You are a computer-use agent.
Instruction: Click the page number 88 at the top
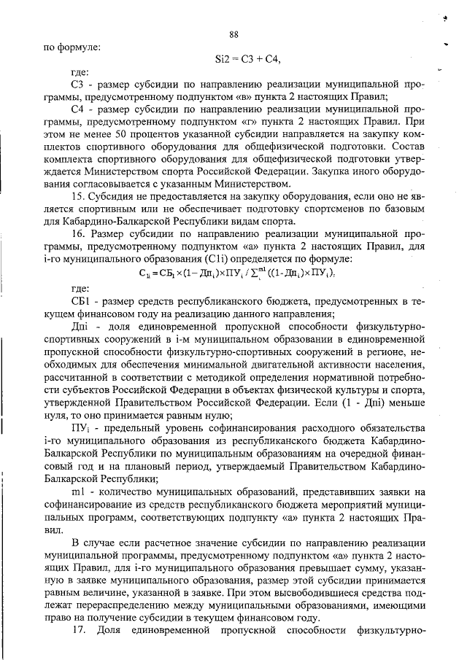pyautogui.click(x=233, y=34)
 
